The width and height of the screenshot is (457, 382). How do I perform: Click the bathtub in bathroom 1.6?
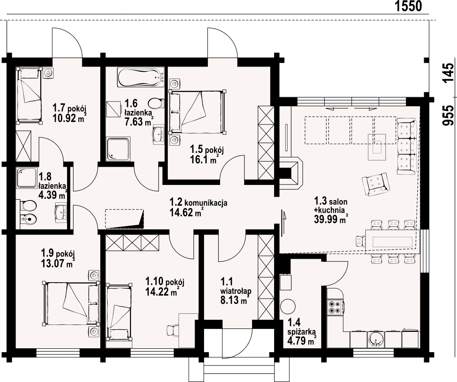point(141,77)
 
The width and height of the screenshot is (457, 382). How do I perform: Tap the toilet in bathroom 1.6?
point(155,103)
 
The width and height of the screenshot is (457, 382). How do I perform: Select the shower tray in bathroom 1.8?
point(27,178)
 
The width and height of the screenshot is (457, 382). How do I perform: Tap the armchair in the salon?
point(375,184)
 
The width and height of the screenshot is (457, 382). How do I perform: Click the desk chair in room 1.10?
point(172,331)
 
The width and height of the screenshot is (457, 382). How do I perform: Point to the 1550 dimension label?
point(408,6)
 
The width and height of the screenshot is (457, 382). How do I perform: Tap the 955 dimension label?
point(448,115)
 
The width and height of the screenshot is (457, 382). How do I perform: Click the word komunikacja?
point(206,203)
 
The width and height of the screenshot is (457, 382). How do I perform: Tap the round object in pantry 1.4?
point(288,306)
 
